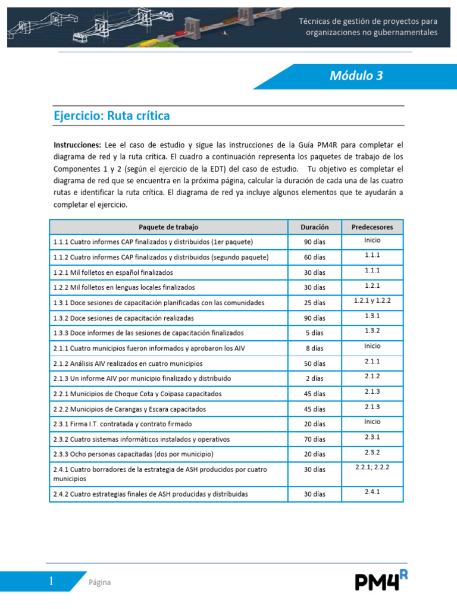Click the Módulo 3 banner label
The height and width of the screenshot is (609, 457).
coord(356,76)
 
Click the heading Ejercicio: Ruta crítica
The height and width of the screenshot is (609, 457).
coord(112,116)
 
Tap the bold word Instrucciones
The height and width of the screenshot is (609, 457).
coord(76,145)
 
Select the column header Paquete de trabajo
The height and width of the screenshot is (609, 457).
coord(168,227)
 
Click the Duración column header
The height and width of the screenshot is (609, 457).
coord(314,227)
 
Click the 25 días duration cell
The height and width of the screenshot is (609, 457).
coord(314,303)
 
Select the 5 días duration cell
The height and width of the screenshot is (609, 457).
coord(314,333)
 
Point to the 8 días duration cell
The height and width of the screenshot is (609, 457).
coord(314,349)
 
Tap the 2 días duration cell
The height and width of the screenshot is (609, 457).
coord(314,379)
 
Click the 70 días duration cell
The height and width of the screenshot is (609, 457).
coord(314,440)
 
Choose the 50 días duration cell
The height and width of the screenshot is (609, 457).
coord(314,363)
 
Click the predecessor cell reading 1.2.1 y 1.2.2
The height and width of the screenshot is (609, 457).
coord(373,301)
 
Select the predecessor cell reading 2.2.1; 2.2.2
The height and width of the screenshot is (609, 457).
coord(373,467)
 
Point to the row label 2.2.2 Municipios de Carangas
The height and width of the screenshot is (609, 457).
coord(129,409)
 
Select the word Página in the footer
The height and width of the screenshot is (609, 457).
coord(99,582)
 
